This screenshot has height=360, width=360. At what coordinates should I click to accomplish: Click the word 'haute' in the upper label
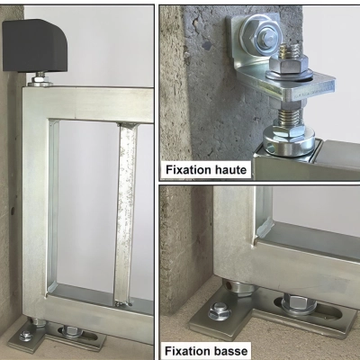point(229,169)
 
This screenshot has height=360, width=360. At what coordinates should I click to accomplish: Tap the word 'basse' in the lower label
point(228,350)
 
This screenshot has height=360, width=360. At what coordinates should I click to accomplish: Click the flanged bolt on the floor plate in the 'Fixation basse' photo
point(220,311)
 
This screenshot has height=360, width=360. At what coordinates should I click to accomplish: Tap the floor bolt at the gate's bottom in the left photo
point(28,334)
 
